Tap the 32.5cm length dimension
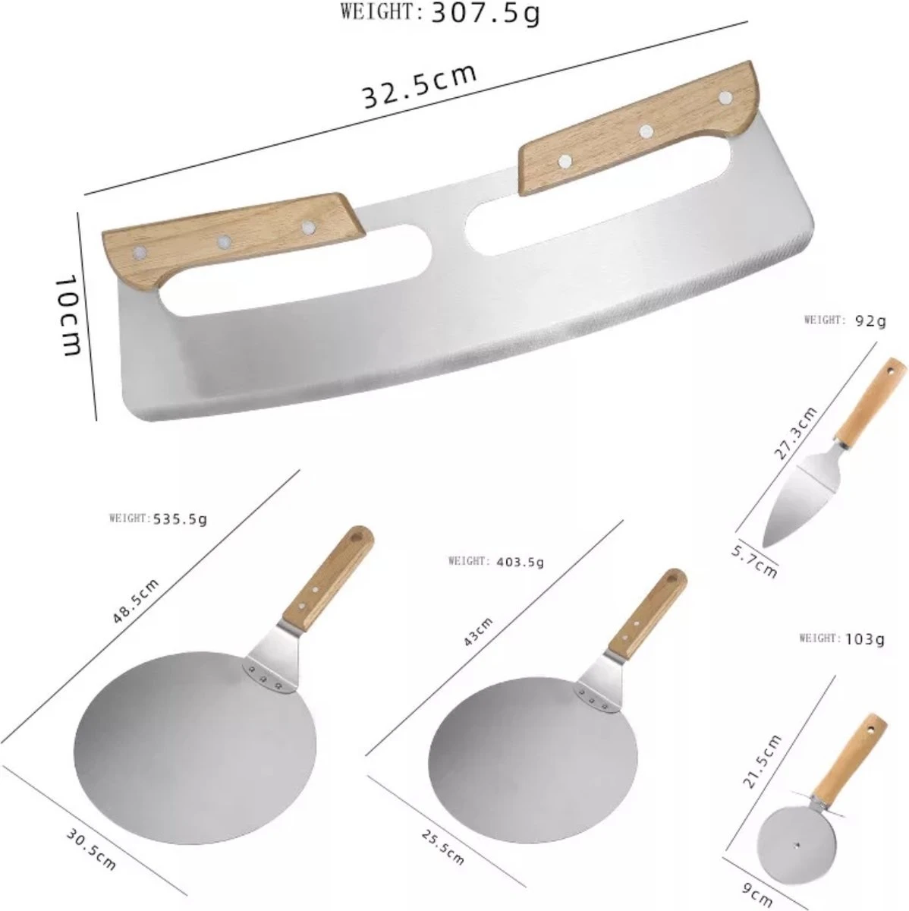(x=420, y=87)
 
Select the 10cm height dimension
(x=68, y=317)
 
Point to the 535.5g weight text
(x=180, y=519)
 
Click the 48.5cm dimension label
(x=136, y=601)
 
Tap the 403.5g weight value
(x=520, y=562)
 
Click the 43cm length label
(x=478, y=632)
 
